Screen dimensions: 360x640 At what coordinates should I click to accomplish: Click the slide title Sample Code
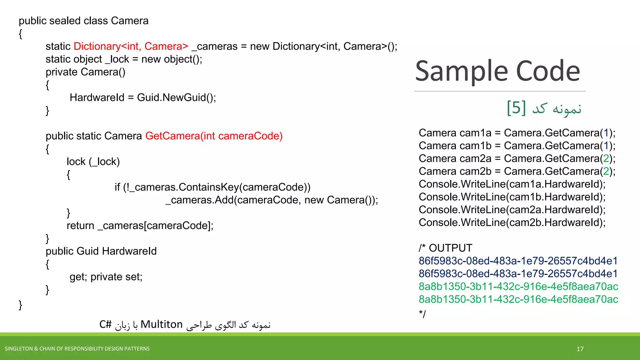497,71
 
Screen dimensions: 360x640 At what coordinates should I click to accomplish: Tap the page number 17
580,349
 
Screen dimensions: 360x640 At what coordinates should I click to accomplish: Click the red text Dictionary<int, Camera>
131,46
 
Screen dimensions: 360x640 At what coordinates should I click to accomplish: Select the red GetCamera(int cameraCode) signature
214,136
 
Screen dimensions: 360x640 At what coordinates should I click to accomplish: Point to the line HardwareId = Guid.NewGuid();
143,97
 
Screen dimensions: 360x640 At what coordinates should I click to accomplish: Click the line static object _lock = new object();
124,59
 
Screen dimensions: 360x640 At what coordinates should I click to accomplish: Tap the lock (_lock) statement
93,162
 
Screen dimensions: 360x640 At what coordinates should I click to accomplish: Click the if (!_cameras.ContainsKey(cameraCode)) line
212,187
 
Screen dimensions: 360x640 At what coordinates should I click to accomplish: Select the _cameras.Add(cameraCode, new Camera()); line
272,200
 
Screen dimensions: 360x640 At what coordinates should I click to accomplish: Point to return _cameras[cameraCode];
140,226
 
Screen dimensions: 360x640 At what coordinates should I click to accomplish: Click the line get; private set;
106,277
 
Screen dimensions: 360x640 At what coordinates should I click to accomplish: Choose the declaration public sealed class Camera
83,21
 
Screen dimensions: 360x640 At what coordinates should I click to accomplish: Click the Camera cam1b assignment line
517,146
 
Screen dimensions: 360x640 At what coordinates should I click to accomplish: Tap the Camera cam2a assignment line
517,158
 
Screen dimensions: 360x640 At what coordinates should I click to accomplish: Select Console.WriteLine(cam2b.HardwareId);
512,222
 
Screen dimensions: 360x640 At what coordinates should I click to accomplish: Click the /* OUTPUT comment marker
445,248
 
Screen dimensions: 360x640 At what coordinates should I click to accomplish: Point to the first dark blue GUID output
518,261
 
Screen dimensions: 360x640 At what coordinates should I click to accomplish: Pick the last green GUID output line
518,299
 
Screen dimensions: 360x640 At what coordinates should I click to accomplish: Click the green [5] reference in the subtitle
516,108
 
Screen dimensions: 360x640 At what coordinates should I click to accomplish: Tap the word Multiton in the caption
162,324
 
